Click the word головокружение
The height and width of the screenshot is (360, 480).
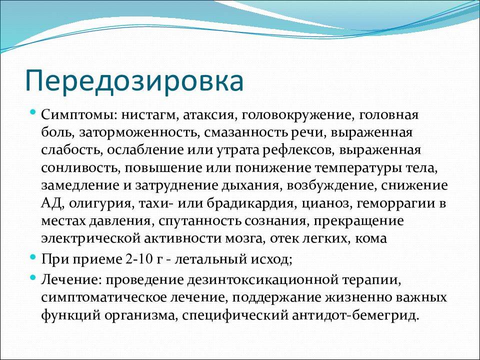click(x=297, y=115)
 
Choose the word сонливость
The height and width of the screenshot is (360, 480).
click(x=80, y=168)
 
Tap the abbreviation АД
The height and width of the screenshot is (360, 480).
click(x=52, y=203)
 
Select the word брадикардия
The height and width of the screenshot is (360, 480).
click(x=250, y=204)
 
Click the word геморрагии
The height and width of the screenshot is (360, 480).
click(x=396, y=204)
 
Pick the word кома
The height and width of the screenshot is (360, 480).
click(x=370, y=238)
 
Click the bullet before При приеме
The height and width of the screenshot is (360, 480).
click(x=33, y=256)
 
